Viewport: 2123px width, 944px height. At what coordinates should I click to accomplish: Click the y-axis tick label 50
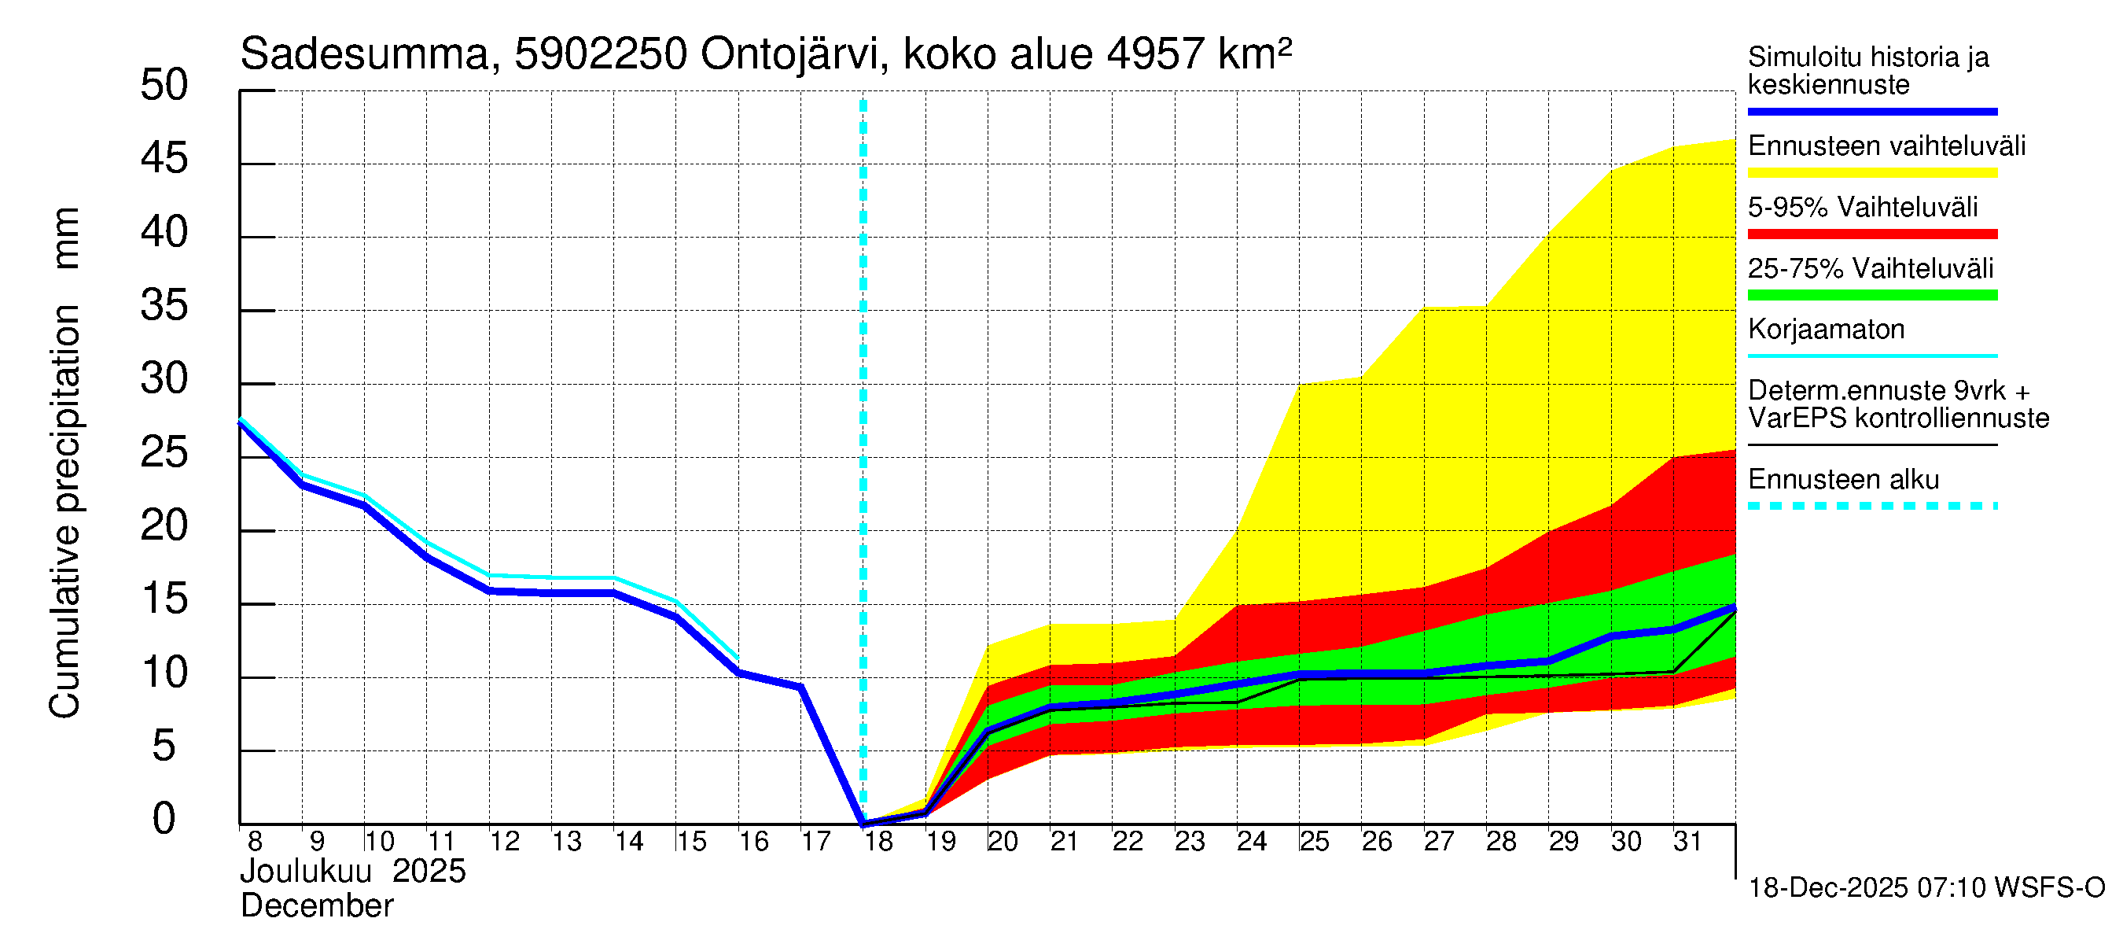[164, 86]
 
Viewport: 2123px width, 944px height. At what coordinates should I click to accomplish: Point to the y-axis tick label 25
[164, 452]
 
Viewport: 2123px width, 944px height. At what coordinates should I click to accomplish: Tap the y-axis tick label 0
[164, 819]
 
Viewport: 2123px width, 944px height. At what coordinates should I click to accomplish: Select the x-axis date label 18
[878, 842]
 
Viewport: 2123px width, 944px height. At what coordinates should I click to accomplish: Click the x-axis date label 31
[1687, 842]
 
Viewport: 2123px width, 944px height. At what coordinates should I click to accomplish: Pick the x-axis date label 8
[255, 842]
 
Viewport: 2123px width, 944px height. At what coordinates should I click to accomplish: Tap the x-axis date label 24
[1251, 842]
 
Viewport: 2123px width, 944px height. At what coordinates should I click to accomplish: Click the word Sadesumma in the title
[364, 55]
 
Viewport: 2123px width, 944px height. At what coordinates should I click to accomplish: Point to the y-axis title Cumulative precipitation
[64, 511]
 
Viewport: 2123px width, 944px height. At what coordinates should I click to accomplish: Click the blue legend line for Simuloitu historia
[1871, 111]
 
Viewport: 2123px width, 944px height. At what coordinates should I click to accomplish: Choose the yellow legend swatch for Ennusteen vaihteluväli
[1871, 173]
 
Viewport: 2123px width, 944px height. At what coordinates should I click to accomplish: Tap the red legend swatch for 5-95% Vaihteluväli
[1871, 234]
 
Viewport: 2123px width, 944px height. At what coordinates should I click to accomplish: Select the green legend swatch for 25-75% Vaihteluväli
[1871, 295]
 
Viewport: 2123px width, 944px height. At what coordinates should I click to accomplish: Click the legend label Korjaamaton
[1826, 330]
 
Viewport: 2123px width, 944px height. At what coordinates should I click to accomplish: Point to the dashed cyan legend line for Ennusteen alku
[1871, 506]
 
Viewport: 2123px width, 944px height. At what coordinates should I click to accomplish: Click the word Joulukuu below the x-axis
[306, 872]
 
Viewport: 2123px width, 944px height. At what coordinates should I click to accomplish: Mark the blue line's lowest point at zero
[863, 823]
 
